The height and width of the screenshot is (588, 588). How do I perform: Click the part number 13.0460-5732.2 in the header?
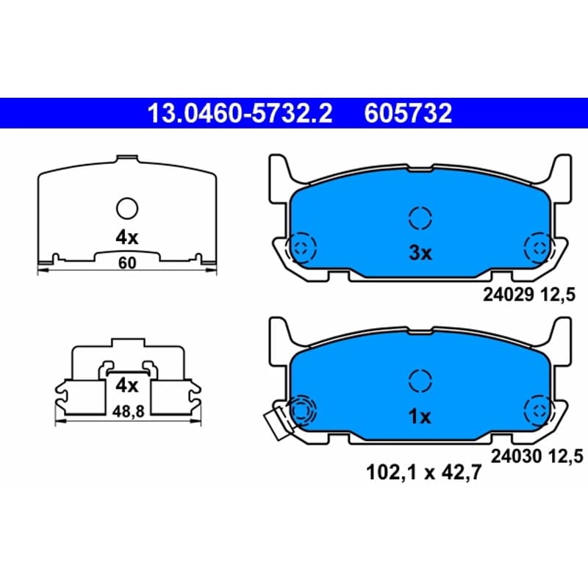click(240, 113)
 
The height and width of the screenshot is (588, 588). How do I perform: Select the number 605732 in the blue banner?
click(408, 113)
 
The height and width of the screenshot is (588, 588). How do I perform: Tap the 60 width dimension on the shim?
click(127, 263)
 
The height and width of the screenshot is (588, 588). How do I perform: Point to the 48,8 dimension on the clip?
click(128, 412)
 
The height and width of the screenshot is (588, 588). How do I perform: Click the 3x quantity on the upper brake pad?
click(420, 253)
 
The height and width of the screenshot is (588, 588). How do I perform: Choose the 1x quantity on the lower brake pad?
click(419, 416)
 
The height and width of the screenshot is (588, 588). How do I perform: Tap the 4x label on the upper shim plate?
click(126, 237)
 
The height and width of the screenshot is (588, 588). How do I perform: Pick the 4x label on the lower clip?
click(126, 385)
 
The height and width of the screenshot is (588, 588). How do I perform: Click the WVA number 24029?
click(508, 295)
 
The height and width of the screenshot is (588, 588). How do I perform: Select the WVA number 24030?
click(517, 456)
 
